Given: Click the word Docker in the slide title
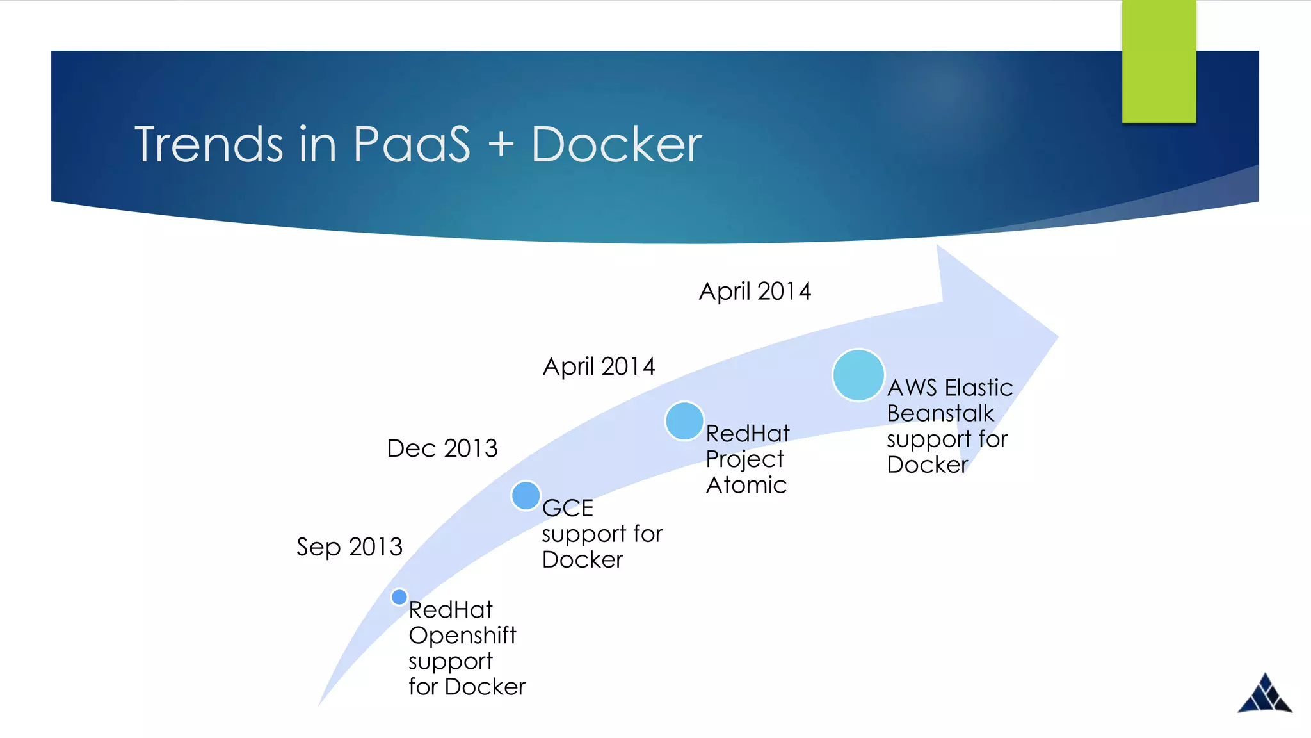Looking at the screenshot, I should pyautogui.click(x=616, y=145).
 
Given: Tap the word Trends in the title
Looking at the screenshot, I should pyautogui.click(x=209, y=145).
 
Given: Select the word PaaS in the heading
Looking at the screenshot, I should pyautogui.click(x=412, y=145).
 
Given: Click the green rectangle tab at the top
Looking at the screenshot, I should pyautogui.click(x=1159, y=61).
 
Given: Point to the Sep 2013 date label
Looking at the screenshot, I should pyautogui.click(x=349, y=547).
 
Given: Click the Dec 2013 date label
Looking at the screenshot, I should pyautogui.click(x=442, y=448).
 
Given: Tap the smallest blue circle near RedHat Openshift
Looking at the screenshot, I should pyautogui.click(x=399, y=597).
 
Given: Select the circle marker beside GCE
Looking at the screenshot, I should pyautogui.click(x=526, y=495).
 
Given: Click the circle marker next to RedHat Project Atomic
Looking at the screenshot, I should pyautogui.click(x=684, y=421).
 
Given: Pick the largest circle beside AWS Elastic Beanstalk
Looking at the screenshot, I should pyautogui.click(x=858, y=375).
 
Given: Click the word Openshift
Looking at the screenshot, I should pyautogui.click(x=462, y=635).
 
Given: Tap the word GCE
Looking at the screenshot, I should pyautogui.click(x=568, y=508).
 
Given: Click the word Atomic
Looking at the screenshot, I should pyautogui.click(x=746, y=485).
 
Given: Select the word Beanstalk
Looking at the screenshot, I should pyautogui.click(x=940, y=413).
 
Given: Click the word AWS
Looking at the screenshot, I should pyautogui.click(x=912, y=388).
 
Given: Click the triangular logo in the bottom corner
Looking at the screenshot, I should pyautogui.click(x=1264, y=694).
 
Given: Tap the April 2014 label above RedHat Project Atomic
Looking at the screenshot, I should pyautogui.click(x=599, y=366).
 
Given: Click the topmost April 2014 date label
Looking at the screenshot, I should pyautogui.click(x=755, y=291).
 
